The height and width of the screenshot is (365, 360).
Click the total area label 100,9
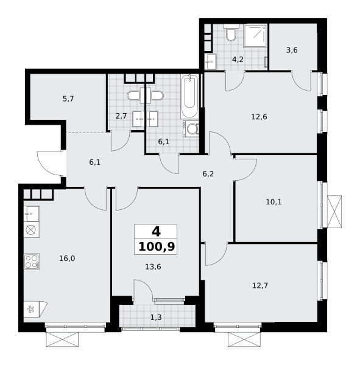coord(157,247)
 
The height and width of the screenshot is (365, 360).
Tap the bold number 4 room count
coord(156,232)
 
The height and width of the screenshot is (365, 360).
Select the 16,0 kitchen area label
coord(67,259)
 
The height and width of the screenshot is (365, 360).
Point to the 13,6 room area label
coord(153,267)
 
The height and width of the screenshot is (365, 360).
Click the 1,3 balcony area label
coord(156,318)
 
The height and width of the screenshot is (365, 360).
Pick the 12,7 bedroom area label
coord(260,285)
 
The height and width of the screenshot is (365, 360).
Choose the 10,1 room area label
coord(274,202)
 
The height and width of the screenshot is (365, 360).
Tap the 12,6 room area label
coord(259,117)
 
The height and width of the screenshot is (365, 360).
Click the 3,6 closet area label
coord(292,50)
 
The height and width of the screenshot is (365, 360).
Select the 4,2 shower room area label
coord(238,60)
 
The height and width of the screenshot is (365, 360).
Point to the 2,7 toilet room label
coord(121,116)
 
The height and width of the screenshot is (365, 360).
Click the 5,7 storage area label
coord(68,99)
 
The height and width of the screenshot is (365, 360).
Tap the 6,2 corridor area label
coord(208,174)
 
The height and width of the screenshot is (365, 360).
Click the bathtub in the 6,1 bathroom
coord(190,97)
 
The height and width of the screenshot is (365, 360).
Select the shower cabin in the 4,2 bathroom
coord(255,36)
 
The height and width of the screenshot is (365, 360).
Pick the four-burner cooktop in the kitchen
coord(32,262)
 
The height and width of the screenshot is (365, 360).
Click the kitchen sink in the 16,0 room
coord(32,214)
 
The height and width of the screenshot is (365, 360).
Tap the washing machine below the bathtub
coord(191,128)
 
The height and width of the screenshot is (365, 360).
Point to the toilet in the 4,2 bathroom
coord(231,33)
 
